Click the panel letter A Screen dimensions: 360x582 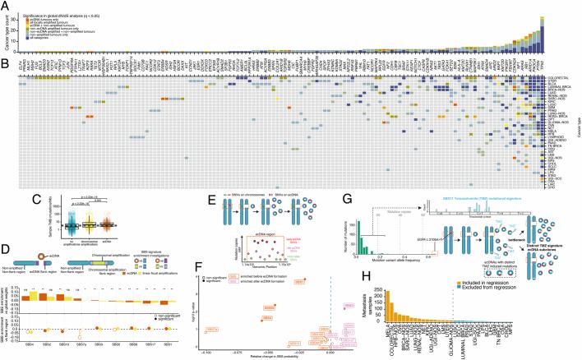point(4,4)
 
